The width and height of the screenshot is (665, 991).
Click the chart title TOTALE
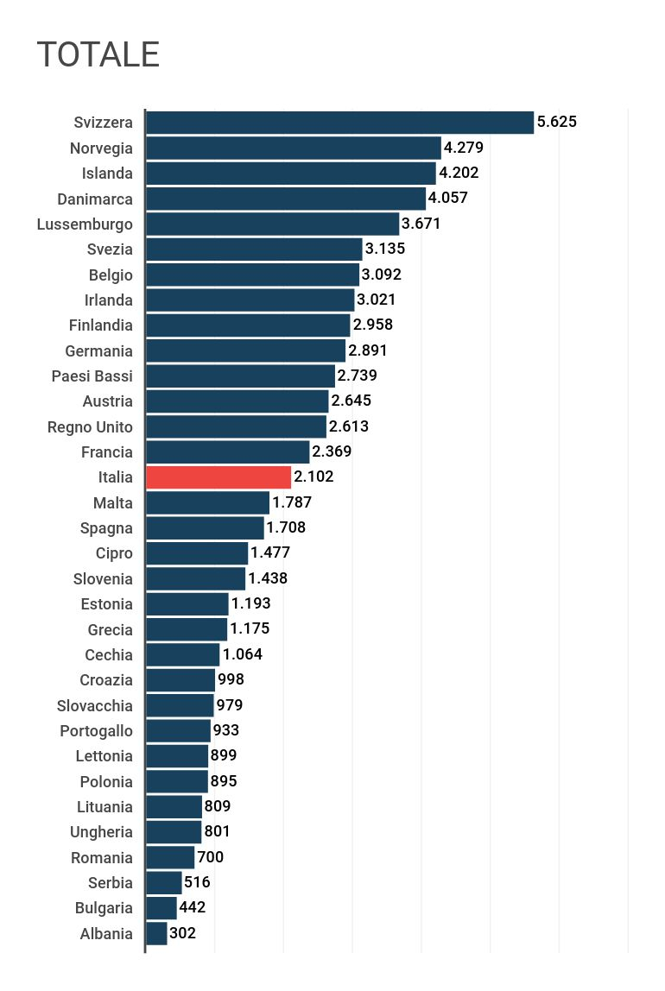pyautogui.click(x=98, y=54)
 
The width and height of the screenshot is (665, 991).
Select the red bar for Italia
pyautogui.click(x=218, y=477)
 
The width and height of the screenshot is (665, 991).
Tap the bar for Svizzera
pyautogui.click(x=339, y=123)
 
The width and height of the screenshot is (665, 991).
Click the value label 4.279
pyautogui.click(x=464, y=148)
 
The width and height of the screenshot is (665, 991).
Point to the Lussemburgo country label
pyautogui.click(x=85, y=224)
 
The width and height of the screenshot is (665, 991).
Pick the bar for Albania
pyautogui.click(x=156, y=933)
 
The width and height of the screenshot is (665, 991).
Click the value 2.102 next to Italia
pyautogui.click(x=313, y=477)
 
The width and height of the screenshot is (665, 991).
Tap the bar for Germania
pyautogui.click(x=245, y=350)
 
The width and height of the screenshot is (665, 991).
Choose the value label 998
pyautogui.click(x=231, y=680)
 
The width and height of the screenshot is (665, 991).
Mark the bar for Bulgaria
pyautogui.click(x=161, y=908)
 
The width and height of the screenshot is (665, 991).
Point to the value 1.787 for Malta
pyautogui.click(x=292, y=502)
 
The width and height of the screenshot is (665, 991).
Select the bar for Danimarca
pyautogui.click(x=286, y=199)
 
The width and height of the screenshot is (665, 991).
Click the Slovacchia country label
pyautogui.click(x=95, y=706)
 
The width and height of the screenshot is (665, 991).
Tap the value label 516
pyautogui.click(x=197, y=882)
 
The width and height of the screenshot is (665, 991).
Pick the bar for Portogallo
pyautogui.click(x=178, y=731)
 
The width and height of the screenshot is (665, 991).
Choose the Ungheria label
pyautogui.click(x=101, y=832)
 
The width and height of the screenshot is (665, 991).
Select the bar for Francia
pyautogui.click(x=228, y=452)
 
